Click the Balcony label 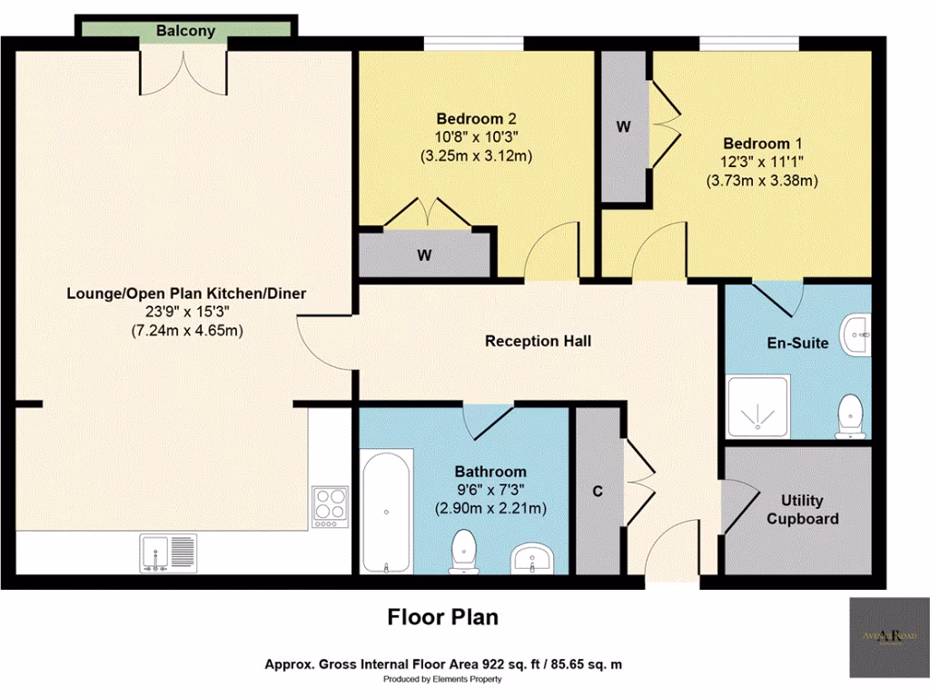click(x=185, y=31)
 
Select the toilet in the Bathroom click(x=465, y=552)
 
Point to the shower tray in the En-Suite click(x=758, y=406)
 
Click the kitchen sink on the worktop click(x=163, y=553)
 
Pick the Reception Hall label click(x=538, y=341)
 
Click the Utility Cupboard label click(x=802, y=509)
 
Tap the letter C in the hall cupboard click(x=598, y=492)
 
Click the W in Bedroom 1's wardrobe click(x=623, y=127)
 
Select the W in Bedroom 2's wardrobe click(x=424, y=255)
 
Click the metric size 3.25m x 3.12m click(x=475, y=155)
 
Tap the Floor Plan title click(x=443, y=617)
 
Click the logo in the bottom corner click(x=888, y=637)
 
